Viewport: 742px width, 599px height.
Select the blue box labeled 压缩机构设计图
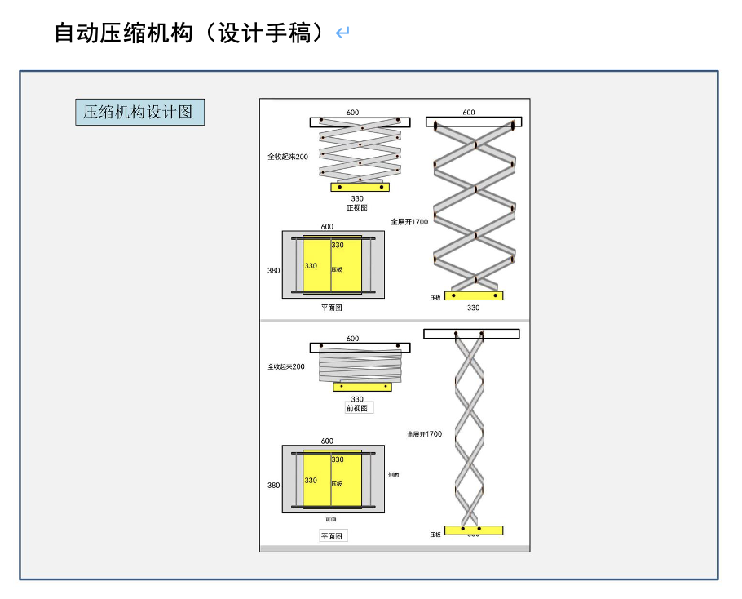(x=139, y=112)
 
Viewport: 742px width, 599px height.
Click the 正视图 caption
(x=357, y=208)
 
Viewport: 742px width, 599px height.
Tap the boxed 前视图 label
(x=357, y=408)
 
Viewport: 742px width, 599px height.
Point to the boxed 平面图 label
(x=333, y=536)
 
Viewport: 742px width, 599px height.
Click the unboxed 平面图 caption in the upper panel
(x=331, y=308)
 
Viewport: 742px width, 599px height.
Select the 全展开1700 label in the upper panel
(x=409, y=221)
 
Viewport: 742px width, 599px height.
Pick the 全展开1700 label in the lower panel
(x=424, y=434)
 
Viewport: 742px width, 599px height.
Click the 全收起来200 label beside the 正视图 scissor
(x=288, y=157)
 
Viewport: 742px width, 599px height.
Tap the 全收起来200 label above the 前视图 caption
(x=285, y=367)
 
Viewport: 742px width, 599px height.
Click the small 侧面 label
(x=393, y=474)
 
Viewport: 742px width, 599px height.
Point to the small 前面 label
(x=330, y=519)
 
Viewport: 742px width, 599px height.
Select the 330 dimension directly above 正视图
(x=357, y=198)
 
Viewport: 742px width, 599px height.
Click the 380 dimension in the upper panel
(x=273, y=270)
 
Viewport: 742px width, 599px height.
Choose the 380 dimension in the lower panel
(x=273, y=485)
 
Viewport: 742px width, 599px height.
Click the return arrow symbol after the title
(x=342, y=33)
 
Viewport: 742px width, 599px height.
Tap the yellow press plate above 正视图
(x=360, y=187)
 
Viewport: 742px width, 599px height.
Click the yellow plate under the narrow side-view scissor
(x=473, y=530)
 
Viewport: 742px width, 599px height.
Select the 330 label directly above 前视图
(x=357, y=399)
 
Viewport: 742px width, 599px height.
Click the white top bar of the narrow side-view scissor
(x=471, y=334)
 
